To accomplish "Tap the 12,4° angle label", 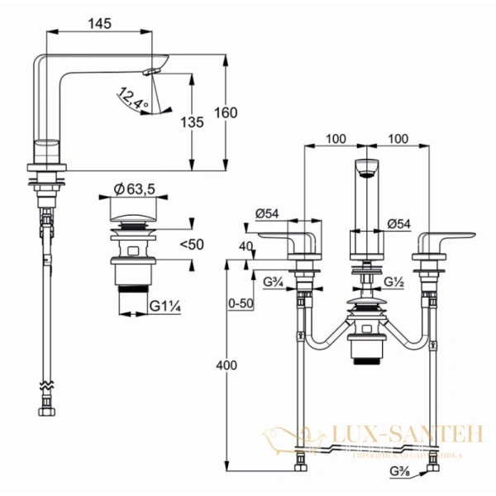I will pyautogui.click(x=132, y=99).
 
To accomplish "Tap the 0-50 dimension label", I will pyautogui.click(x=239, y=304).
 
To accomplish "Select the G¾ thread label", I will pyautogui.click(x=274, y=282).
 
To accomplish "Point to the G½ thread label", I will pyautogui.click(x=394, y=282).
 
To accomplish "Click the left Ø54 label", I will pyautogui.click(x=267, y=212).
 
